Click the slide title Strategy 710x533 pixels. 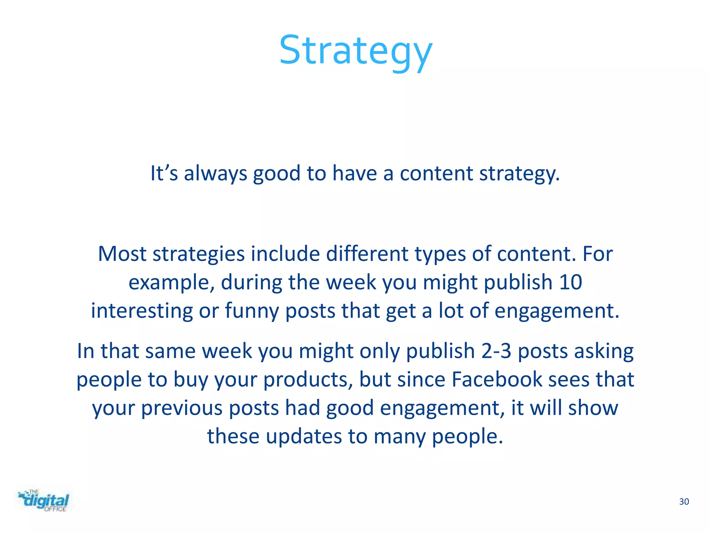click(356, 51)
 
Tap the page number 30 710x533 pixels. click(684, 502)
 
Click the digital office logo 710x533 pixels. click(44, 501)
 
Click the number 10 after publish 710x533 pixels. click(570, 282)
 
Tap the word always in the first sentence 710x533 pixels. click(215, 173)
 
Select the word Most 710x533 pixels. click(122, 254)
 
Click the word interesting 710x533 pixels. click(142, 311)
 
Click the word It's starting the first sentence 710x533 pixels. click(164, 173)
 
